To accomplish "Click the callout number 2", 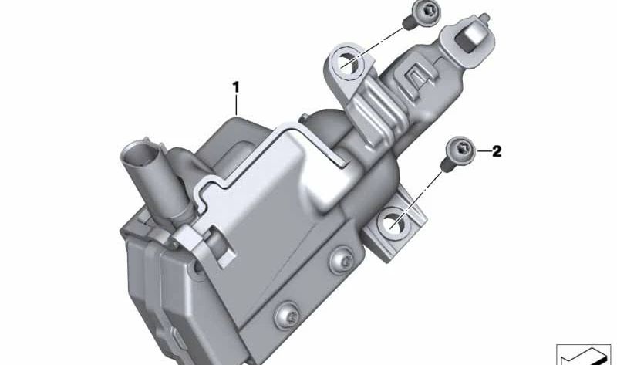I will click(496, 151).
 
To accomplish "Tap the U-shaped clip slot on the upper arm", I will click(417, 76).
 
